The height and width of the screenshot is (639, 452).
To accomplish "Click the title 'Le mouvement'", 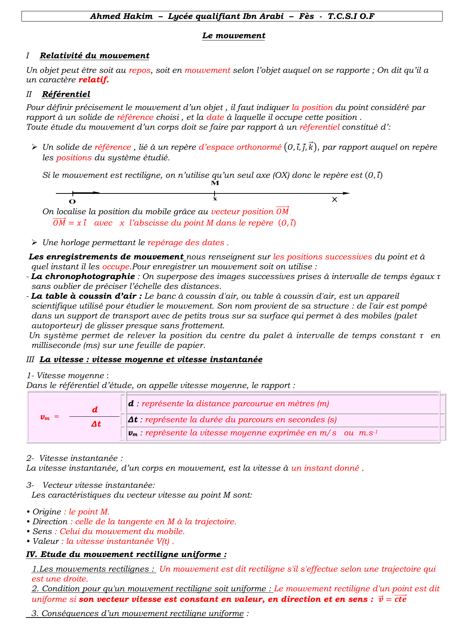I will [233, 36].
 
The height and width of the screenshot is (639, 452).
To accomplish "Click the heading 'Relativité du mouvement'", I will [94, 56].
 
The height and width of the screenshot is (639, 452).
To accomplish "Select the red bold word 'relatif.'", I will [94, 80].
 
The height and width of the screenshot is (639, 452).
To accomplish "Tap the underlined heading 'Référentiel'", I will [66, 94].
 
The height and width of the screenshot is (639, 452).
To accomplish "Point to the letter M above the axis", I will [215, 183].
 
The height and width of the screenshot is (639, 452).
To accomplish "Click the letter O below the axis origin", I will [72, 201].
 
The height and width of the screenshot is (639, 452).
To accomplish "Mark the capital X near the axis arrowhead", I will [334, 200].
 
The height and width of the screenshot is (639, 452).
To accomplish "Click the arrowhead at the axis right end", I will [347, 193].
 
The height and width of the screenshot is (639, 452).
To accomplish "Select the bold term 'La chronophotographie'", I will [83, 277].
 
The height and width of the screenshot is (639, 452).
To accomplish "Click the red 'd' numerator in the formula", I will [95, 410].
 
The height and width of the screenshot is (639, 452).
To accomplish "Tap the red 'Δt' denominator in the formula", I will [96, 424].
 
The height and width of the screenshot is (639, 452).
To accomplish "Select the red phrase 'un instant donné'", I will [325, 468].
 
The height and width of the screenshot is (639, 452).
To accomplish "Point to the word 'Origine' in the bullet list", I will [47, 512].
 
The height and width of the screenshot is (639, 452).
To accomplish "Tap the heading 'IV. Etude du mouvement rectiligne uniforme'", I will [126, 554].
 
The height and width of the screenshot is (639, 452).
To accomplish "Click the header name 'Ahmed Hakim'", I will [121, 16].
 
